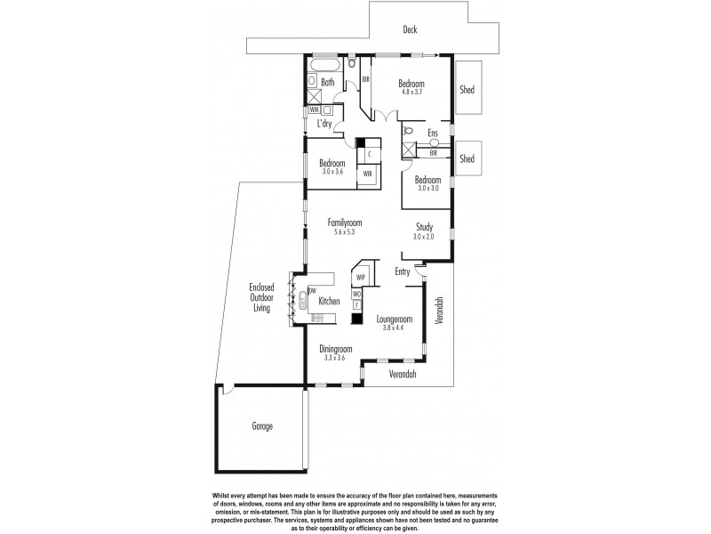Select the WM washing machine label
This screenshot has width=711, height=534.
314,109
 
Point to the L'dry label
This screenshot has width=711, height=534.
331,124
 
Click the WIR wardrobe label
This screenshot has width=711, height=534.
367,174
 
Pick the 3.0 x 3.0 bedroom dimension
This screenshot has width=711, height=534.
427,188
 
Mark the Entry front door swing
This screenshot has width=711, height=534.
420,264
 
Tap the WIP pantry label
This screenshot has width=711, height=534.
362,276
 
